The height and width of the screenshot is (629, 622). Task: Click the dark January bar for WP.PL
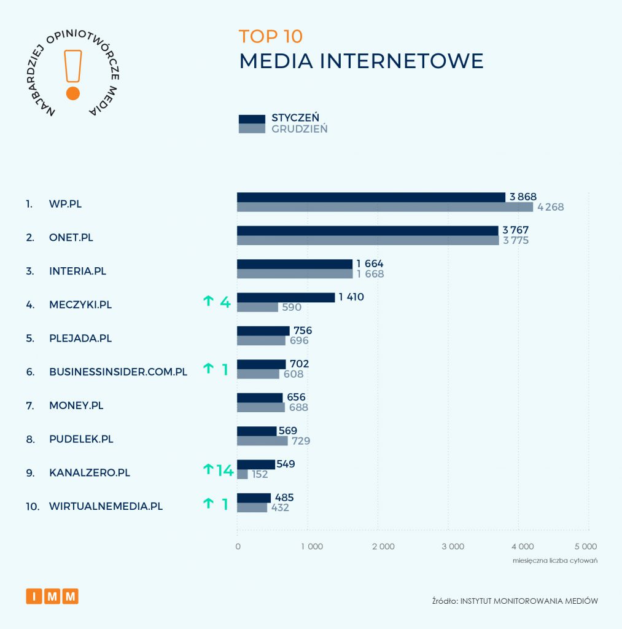pyautogui.click(x=371, y=197)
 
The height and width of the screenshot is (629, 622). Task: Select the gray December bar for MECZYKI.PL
pyautogui.click(x=257, y=307)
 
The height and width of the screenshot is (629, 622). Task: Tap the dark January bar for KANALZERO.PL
pyautogui.click(x=255, y=464)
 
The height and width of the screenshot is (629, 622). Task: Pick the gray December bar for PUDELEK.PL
pyautogui.click(x=262, y=441)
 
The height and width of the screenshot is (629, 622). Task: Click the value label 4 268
pyautogui.click(x=550, y=207)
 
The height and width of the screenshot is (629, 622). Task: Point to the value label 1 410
pyautogui.click(x=351, y=297)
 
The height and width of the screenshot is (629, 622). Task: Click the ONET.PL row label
pyautogui.click(x=71, y=237)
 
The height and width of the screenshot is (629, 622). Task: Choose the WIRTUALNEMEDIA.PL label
pyautogui.click(x=106, y=507)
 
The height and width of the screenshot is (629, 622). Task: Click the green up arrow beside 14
pyautogui.click(x=208, y=470)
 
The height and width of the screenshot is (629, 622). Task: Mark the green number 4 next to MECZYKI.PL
pyautogui.click(x=225, y=302)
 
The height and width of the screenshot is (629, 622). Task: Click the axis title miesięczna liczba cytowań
pyautogui.click(x=555, y=561)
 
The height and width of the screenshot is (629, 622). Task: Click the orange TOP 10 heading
pyautogui.click(x=271, y=36)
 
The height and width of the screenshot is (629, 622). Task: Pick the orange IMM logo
pyautogui.click(x=52, y=596)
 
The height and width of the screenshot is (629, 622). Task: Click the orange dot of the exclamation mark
pyautogui.click(x=73, y=93)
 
